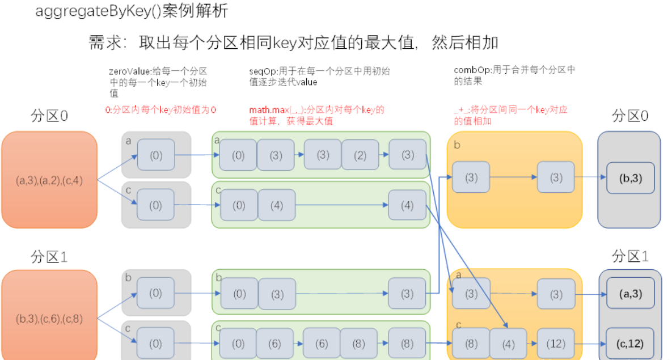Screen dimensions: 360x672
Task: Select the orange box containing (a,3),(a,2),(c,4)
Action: [x=49, y=180]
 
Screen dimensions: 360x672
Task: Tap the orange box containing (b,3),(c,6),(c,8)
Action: [x=49, y=317]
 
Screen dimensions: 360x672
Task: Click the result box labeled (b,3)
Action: [x=630, y=178]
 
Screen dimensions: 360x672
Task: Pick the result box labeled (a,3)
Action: [x=630, y=294]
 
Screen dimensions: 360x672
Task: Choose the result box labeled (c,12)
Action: [x=630, y=344]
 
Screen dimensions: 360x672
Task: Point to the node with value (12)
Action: [x=556, y=344]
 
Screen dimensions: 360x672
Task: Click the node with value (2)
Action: [x=360, y=155]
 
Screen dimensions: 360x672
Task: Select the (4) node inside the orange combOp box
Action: [x=508, y=344]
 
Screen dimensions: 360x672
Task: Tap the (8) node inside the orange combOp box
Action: [x=471, y=344]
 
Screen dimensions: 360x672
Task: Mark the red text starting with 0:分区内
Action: [x=161, y=110]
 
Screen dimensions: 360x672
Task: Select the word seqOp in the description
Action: [x=261, y=72]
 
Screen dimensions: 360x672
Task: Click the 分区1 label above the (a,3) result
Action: [x=630, y=256]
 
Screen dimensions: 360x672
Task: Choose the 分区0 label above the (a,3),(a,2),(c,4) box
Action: [x=49, y=116]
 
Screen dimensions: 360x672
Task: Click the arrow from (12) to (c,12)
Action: [x=590, y=344]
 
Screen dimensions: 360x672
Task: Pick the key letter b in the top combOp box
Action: [x=457, y=146]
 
